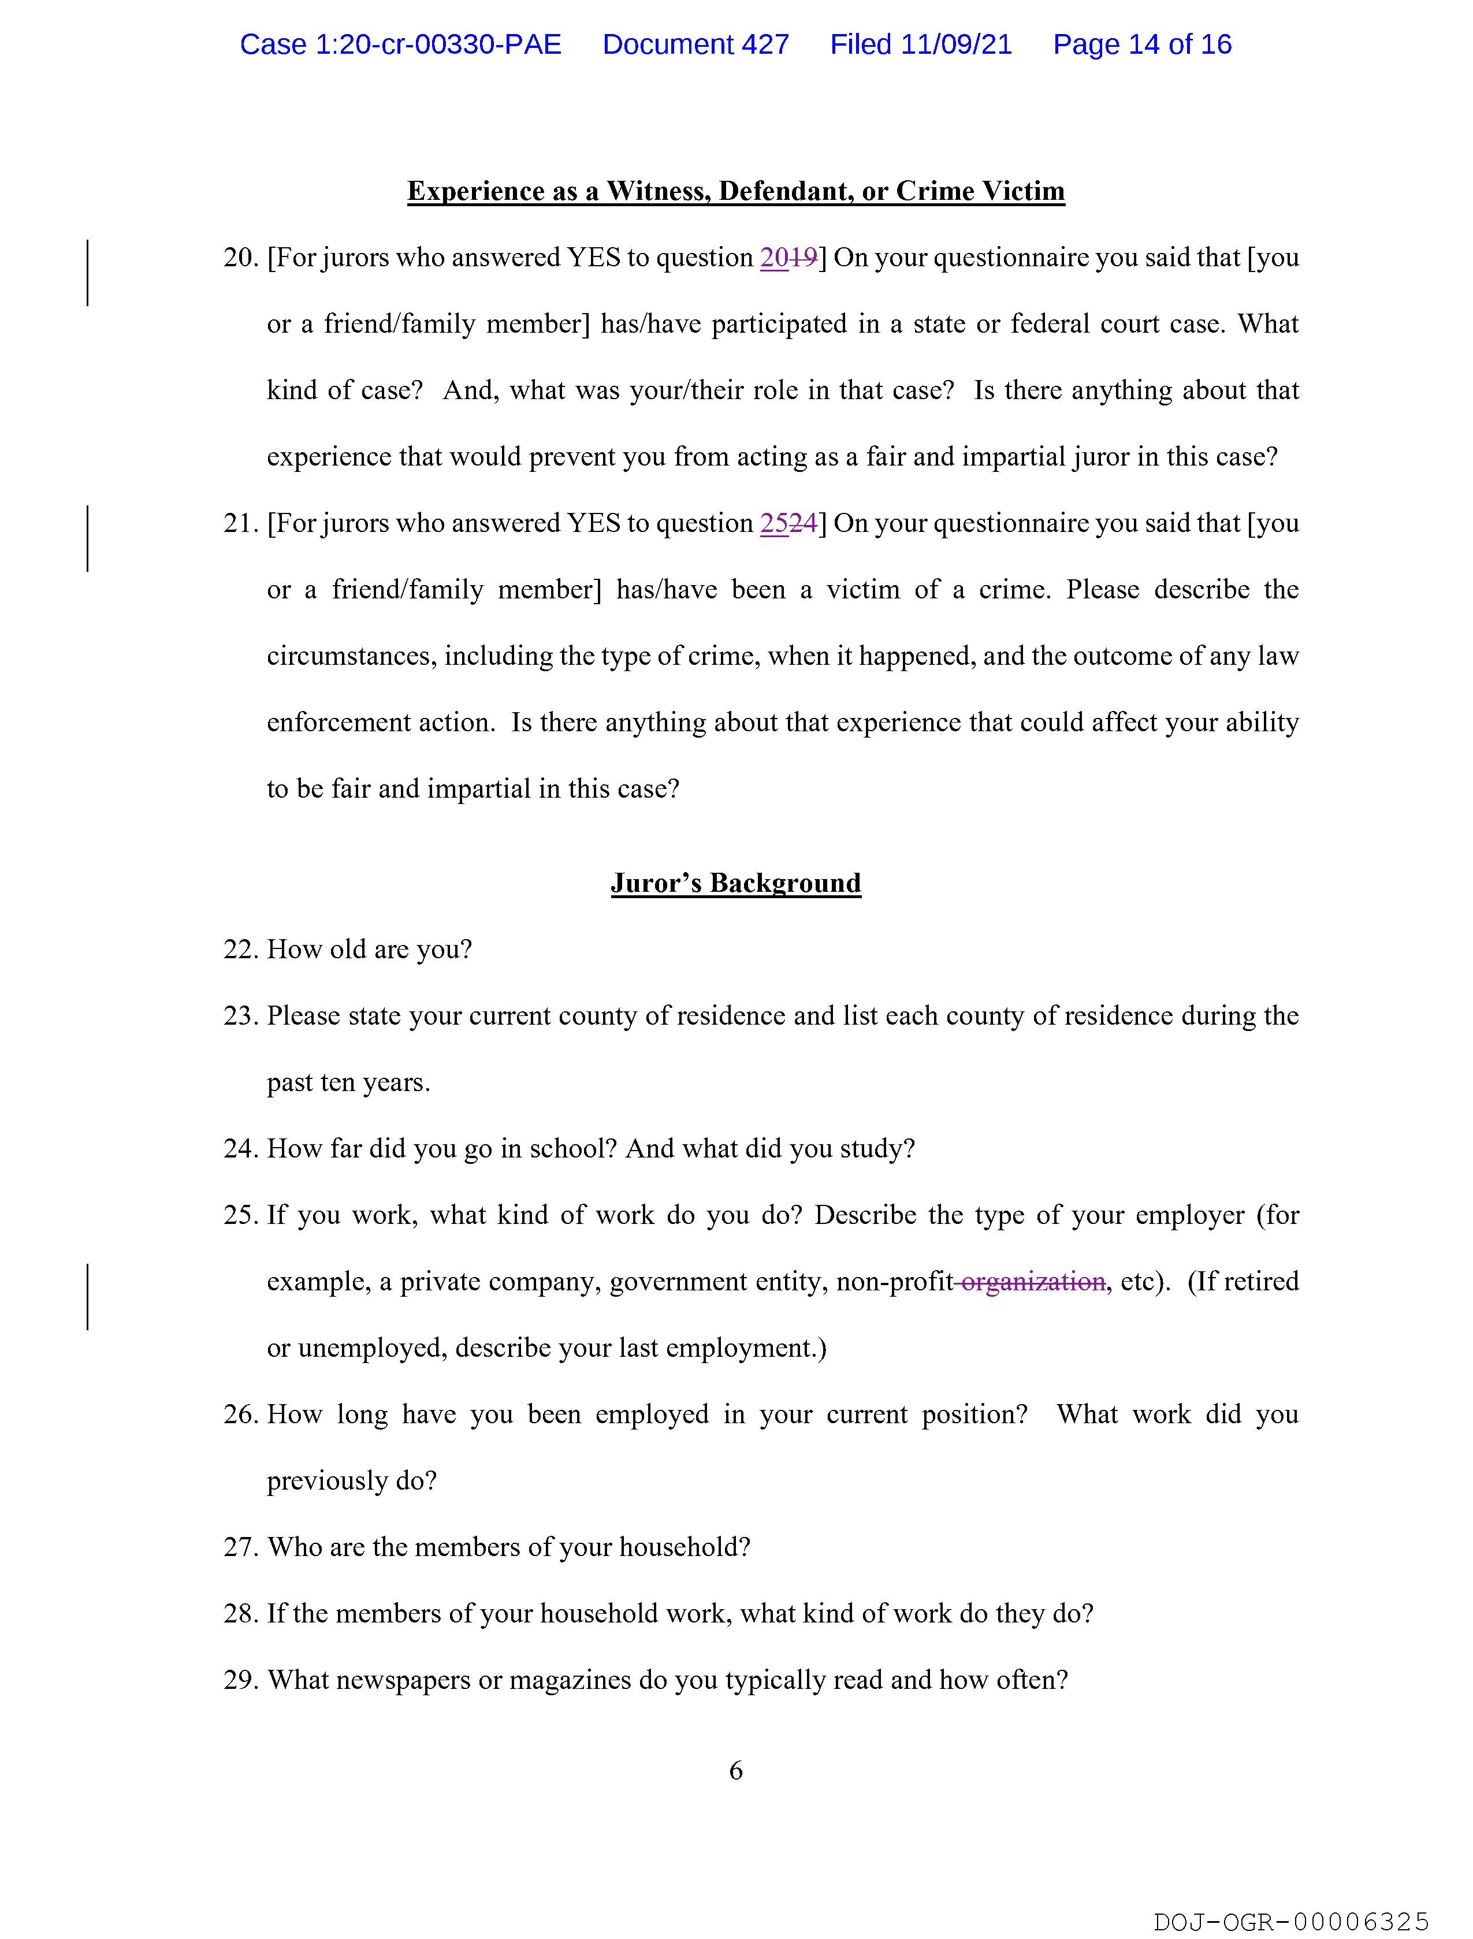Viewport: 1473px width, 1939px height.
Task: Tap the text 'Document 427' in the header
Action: [695, 44]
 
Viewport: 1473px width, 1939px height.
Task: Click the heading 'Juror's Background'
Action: [735, 883]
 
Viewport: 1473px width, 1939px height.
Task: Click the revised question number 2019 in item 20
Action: [788, 258]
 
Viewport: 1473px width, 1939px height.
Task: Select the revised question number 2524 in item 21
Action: [788, 523]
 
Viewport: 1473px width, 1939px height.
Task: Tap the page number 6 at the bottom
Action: [735, 1771]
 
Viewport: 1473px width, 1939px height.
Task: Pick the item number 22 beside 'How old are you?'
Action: [239, 950]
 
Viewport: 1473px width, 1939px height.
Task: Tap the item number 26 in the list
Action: [239, 1414]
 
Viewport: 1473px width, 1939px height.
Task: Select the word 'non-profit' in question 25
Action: [894, 1282]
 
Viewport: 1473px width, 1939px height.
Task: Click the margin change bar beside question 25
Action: [88, 1296]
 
